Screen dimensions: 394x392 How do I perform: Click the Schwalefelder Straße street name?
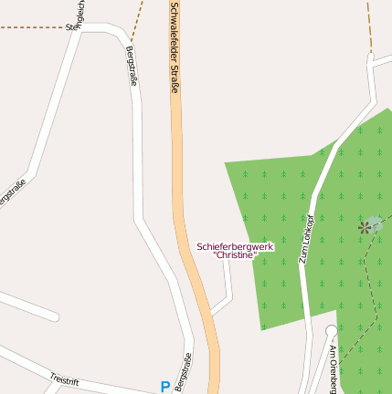pos(174,47)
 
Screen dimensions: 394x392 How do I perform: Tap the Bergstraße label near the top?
pos(130,67)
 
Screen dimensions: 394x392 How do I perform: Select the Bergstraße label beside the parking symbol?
pos(183,372)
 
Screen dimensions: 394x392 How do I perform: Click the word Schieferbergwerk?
pos(235,246)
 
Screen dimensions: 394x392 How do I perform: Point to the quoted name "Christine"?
pos(235,255)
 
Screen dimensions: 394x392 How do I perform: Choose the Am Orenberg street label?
pos(333,369)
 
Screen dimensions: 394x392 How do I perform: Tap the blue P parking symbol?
pos(164,387)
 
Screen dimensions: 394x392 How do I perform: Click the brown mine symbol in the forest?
pos(364,226)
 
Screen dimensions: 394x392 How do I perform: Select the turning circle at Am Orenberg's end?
pos(331,331)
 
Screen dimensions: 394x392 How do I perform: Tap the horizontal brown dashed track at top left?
pos(32,27)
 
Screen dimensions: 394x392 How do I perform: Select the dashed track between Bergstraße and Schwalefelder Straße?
pos(137,22)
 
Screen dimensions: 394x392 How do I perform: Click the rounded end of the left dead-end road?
pos(54,316)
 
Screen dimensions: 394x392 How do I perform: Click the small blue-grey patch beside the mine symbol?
pos(376,222)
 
